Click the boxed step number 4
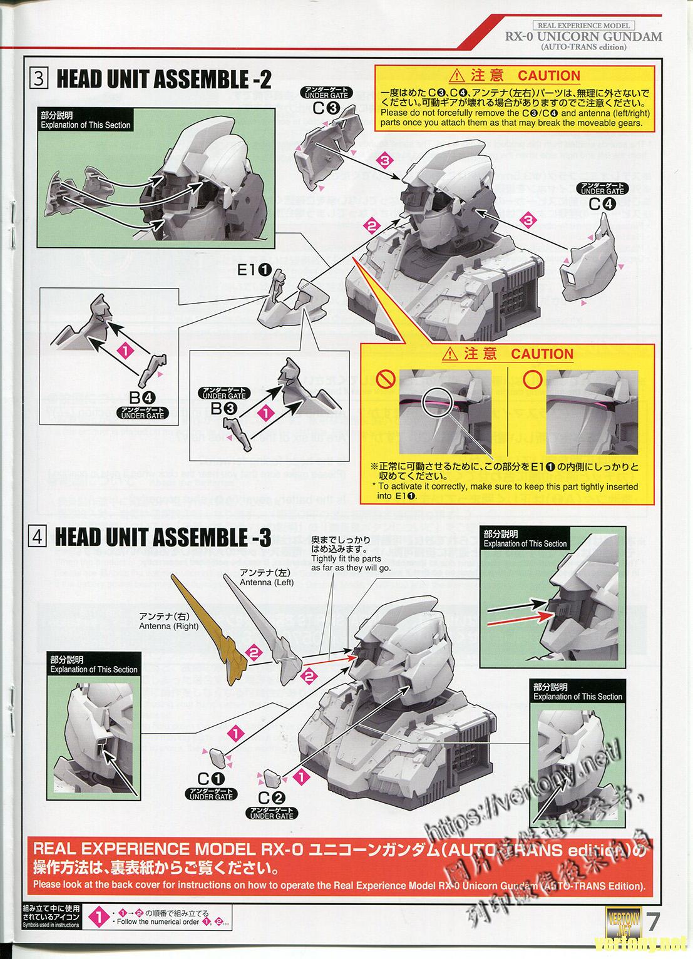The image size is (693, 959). point(39,537)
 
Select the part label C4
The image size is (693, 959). point(602,203)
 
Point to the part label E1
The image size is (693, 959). point(254,271)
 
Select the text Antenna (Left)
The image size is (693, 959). point(267,582)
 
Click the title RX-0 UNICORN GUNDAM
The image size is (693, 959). point(583,36)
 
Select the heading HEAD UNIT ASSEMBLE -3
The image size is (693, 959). point(163,537)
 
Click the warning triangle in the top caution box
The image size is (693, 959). point(457,76)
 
